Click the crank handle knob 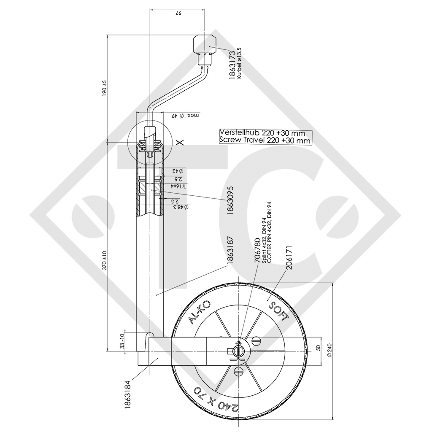click(205, 44)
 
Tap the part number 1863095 click(230, 200)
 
